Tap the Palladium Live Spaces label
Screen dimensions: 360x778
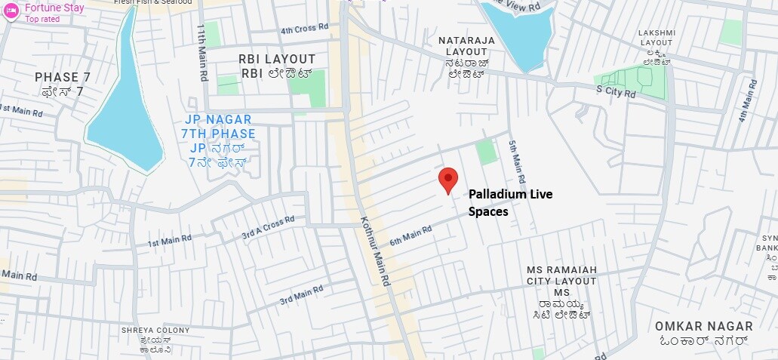coord(510,203)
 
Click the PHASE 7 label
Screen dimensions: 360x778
coord(68,77)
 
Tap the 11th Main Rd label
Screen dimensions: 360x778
coord(202,52)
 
